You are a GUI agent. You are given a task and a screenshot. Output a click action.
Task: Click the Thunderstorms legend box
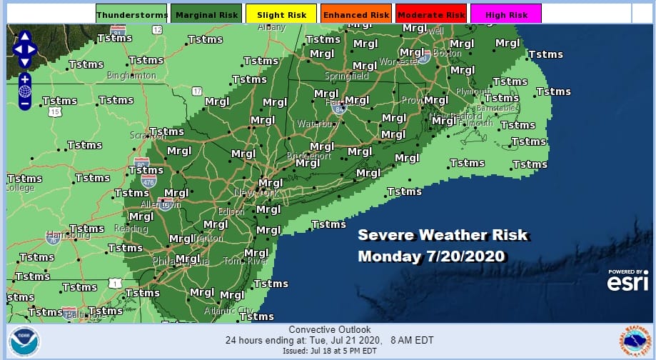(x=131, y=14)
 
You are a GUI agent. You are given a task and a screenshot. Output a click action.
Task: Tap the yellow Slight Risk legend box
(x=281, y=14)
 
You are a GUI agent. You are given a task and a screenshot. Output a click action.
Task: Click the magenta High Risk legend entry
(x=505, y=14)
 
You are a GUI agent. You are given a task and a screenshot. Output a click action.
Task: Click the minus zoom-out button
(x=24, y=104)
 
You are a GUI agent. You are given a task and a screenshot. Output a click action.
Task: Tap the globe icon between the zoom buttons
(x=24, y=91)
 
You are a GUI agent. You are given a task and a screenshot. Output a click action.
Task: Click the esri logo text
(x=627, y=283)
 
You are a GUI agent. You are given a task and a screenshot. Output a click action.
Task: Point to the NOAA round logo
(x=25, y=341)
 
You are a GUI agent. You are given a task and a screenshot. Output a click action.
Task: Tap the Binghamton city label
(x=131, y=75)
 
